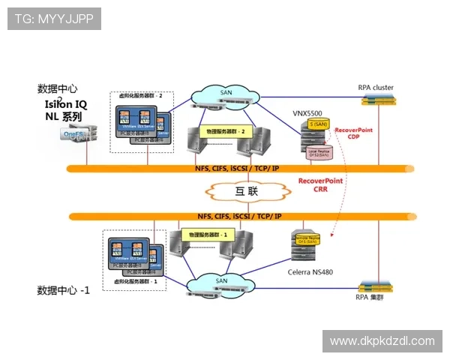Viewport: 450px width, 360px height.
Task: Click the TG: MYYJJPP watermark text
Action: click(53, 19)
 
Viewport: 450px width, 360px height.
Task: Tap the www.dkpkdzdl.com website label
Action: click(382, 341)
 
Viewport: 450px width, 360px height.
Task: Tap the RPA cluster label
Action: click(375, 88)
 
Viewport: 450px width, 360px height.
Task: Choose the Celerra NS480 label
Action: click(311, 271)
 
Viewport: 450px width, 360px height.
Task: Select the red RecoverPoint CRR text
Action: click(322, 185)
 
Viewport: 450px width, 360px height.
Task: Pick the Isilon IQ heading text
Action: click(66, 105)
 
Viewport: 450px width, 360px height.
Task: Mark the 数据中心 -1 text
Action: click(64, 290)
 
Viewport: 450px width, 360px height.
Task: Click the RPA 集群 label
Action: click(373, 296)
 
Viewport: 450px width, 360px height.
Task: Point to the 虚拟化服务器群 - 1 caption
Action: click(135, 280)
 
